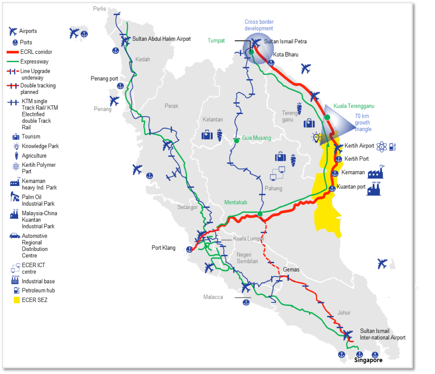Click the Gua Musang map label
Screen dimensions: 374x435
(256, 138)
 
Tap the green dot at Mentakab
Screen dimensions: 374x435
(260, 214)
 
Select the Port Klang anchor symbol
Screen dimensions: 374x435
(189, 249)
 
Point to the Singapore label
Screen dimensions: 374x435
(368, 360)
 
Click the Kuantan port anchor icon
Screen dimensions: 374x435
(332, 188)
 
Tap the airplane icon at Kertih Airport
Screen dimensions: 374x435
(338, 148)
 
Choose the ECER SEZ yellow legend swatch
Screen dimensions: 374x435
(16, 300)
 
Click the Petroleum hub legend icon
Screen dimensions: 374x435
(16, 290)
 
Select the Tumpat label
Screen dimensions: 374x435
(216, 41)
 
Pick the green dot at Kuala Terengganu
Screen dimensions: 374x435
(327, 117)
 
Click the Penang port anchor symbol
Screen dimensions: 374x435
(120, 86)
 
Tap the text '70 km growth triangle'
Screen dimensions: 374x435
(362, 123)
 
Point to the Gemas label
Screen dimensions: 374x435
(291, 270)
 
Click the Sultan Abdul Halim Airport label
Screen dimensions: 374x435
(161, 39)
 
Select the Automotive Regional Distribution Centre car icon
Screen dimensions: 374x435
(14, 236)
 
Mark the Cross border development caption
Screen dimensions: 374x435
(259, 25)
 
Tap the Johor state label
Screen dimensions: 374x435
(344, 313)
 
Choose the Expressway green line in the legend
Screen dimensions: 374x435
(13, 62)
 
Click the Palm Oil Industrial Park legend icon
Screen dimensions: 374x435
(15, 197)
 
